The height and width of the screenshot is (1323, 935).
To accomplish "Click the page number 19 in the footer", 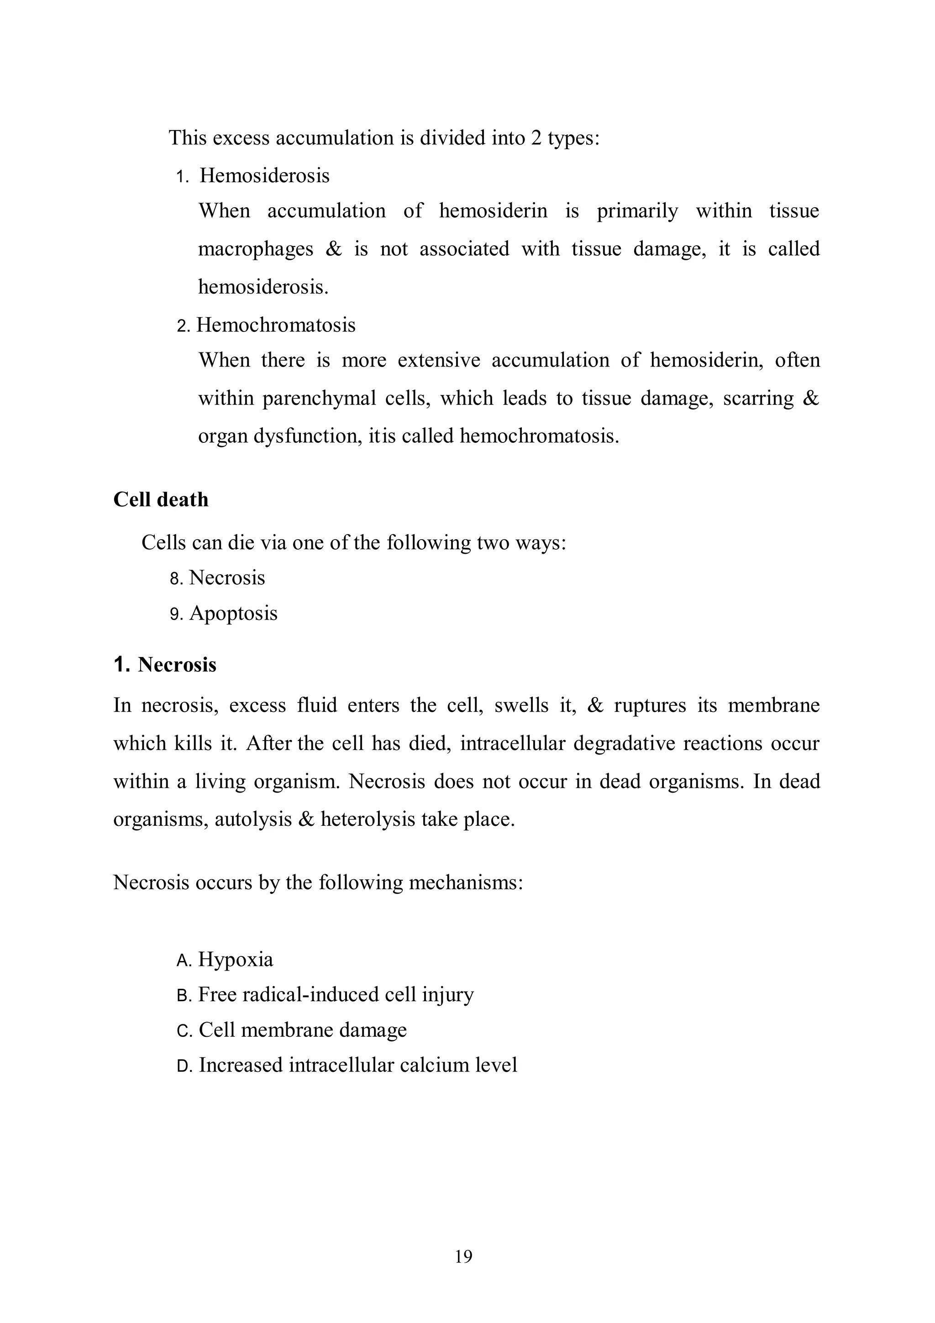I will click(x=463, y=1256).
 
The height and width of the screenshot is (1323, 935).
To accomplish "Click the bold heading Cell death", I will click(x=161, y=499).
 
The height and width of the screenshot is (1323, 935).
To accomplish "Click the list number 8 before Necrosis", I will click(x=176, y=578).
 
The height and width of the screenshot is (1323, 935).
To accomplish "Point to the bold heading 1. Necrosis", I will click(x=165, y=664).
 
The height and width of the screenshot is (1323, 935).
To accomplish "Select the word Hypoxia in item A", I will click(x=236, y=960).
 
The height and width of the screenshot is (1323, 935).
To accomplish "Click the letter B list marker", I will click(x=183, y=996).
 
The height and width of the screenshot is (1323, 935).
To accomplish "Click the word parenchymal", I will click(x=319, y=399).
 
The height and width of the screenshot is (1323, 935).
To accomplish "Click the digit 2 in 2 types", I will click(x=536, y=138).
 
